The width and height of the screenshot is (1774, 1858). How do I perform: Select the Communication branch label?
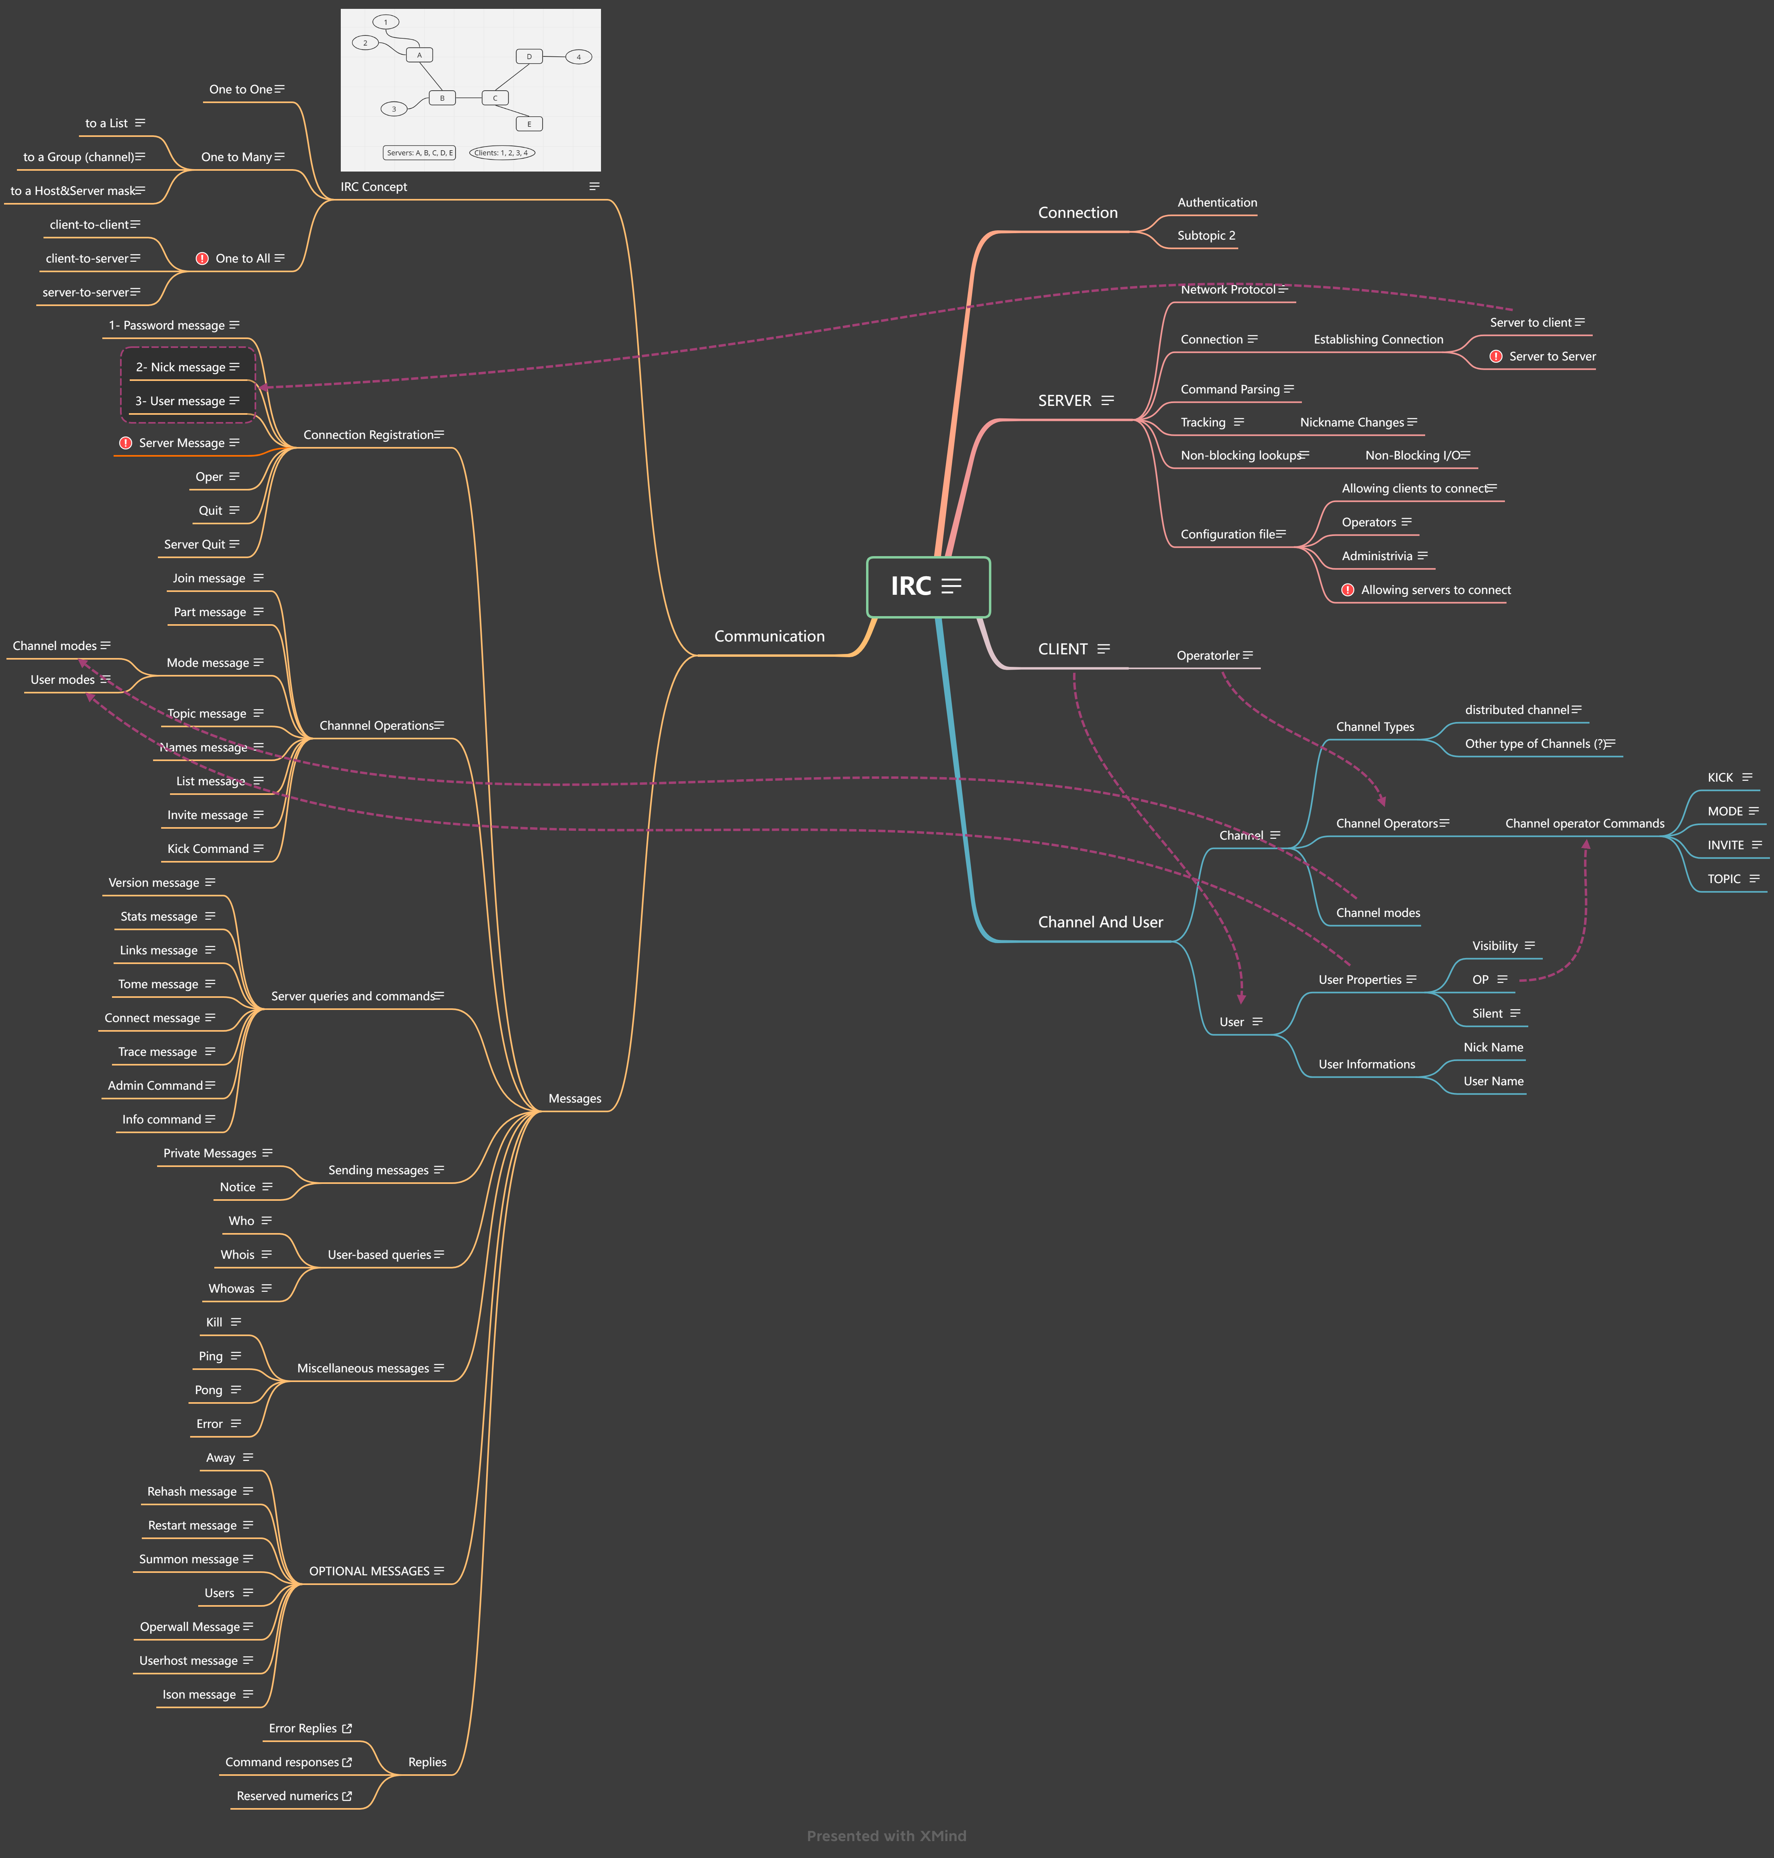click(x=769, y=636)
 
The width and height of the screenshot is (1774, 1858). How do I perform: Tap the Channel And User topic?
click(x=1100, y=922)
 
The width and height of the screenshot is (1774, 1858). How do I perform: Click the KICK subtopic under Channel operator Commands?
click(x=1720, y=777)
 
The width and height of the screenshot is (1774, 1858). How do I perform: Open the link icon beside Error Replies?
click(x=347, y=1728)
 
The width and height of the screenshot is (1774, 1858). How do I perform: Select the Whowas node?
click(x=232, y=1289)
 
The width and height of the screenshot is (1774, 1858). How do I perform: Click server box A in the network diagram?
click(x=419, y=55)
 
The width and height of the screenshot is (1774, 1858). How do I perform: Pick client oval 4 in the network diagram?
click(x=579, y=57)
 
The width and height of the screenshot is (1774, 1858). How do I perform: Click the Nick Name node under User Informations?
click(x=1493, y=1048)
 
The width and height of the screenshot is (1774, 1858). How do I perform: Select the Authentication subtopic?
click(x=1217, y=202)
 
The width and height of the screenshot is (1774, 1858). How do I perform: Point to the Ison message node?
click(x=199, y=1695)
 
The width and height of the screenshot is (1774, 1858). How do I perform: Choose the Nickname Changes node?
click(x=1351, y=423)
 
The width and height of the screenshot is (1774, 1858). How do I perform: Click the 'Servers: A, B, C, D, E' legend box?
click(x=419, y=152)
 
